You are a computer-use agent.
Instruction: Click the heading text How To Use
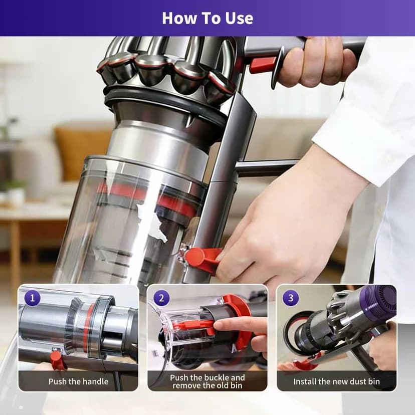pyautogui.click(x=207, y=18)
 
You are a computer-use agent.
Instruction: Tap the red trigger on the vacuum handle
pyautogui.click(x=263, y=65)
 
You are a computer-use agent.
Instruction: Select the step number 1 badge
pyautogui.click(x=32, y=298)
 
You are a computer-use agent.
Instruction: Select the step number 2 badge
pyautogui.click(x=161, y=298)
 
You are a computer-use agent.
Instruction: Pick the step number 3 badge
pyautogui.click(x=291, y=298)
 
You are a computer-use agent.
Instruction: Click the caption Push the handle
pyautogui.click(x=78, y=381)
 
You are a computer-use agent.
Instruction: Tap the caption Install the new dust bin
pyautogui.click(x=336, y=381)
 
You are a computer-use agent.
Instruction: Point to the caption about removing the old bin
pyautogui.click(x=207, y=381)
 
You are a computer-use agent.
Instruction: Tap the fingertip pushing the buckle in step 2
pyautogui.click(x=220, y=325)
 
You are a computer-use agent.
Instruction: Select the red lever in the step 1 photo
pyautogui.click(x=57, y=359)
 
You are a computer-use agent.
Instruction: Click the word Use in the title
pyautogui.click(x=239, y=18)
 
